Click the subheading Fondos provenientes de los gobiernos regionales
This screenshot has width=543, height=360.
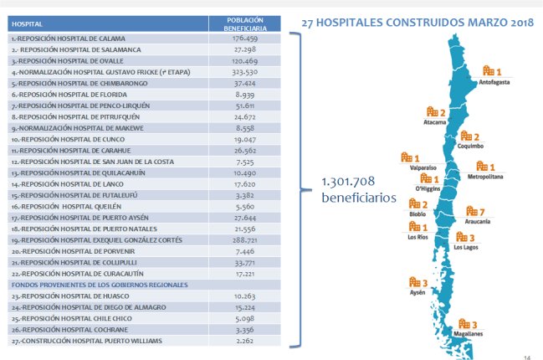pos(100,285)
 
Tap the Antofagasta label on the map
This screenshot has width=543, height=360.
pos(496,83)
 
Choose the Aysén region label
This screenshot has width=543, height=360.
pos(417,292)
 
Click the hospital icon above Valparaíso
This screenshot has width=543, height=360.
pos(407,157)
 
